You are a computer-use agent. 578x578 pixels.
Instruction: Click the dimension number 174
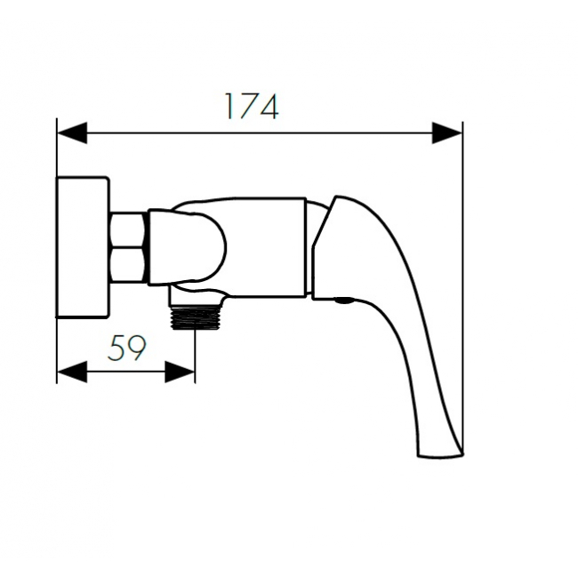(252, 107)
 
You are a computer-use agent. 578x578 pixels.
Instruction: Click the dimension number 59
(127, 348)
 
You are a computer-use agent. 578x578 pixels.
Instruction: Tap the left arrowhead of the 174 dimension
(72, 132)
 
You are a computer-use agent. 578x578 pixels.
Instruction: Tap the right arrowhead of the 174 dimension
(447, 132)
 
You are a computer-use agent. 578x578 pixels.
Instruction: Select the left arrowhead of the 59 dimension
(72, 372)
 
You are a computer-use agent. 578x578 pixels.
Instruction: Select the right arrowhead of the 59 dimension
(180, 372)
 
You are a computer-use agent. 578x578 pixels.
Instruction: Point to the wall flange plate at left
(83, 246)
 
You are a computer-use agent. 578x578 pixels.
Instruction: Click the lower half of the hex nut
(127, 265)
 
